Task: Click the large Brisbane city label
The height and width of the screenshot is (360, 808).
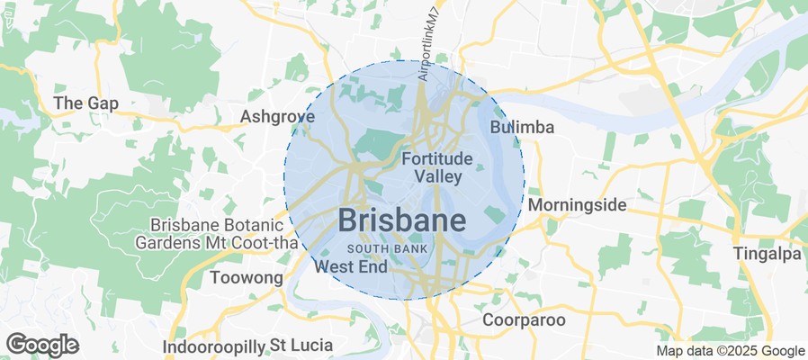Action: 402,220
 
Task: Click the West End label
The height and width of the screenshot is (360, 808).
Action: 351,266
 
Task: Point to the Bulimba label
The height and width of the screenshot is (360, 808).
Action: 522,128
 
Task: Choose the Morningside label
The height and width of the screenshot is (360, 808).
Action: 577,205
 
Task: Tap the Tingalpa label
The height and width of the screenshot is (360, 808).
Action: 767,253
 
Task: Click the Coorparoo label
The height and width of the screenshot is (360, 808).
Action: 524,319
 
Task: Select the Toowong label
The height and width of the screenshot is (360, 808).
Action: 246,278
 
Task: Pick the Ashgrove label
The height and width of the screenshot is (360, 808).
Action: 277,116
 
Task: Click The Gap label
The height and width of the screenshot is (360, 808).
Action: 86,103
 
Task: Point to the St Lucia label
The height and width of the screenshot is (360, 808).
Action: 283,346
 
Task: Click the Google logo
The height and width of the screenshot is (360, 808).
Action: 42,344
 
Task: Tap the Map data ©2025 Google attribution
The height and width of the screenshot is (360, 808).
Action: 730,351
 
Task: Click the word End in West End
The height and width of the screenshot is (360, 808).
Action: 373,266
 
